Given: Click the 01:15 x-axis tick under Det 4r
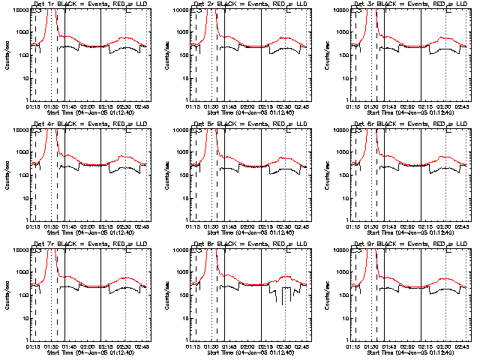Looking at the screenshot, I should (x=32, y=227).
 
